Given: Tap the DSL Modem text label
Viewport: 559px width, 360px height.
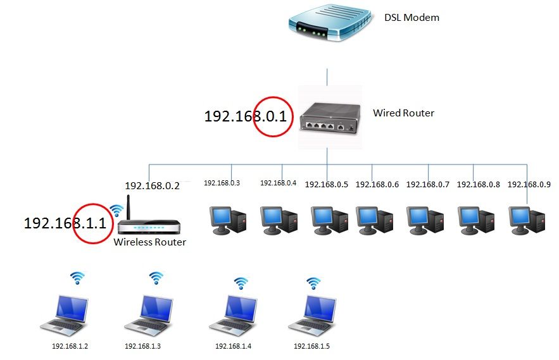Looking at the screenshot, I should [411, 18].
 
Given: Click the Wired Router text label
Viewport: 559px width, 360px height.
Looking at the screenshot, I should [403, 113].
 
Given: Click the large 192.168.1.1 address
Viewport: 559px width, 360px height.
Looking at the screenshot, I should [65, 223].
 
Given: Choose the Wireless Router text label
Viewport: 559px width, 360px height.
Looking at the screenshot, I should [149, 242].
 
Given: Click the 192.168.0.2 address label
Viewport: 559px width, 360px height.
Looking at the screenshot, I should [152, 186].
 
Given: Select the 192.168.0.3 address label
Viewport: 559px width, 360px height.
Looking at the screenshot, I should [222, 183].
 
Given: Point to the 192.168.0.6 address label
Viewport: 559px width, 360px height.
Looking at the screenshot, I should [377, 185].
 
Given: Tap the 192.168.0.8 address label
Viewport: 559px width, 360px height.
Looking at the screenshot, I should [479, 185].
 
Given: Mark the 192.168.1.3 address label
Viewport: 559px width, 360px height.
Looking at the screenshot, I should [142, 346].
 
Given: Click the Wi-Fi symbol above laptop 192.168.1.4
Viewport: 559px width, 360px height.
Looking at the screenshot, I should [241, 283].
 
